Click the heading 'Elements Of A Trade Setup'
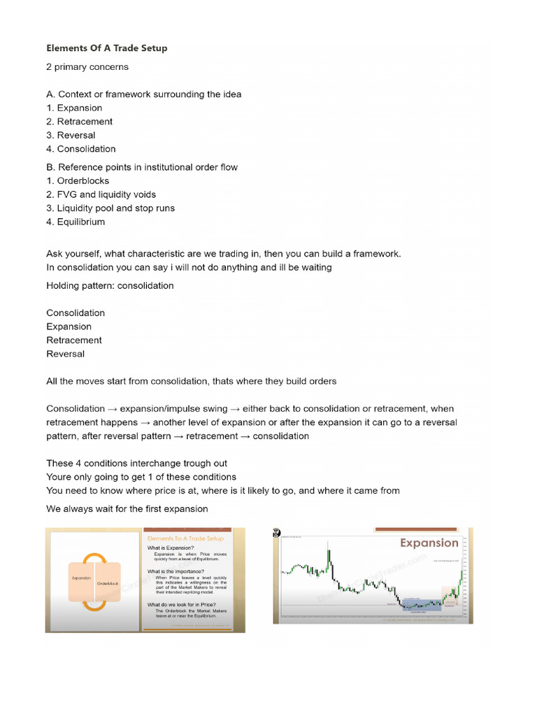pos(106,48)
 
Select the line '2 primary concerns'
pos(87,67)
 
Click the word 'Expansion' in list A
pos(79,108)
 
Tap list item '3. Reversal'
pos(71,135)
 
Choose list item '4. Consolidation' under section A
pos(81,149)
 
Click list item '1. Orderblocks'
pos(78,181)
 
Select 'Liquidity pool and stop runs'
pos(116,208)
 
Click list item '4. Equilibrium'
pos(76,222)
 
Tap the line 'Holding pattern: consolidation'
pos(110,285)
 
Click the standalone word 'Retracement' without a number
pos(74,341)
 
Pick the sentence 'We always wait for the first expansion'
pos(127,508)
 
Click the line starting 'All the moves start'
pos(191,381)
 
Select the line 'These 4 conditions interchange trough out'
pos(136,463)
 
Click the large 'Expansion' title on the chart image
pos(429,543)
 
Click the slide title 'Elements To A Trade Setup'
pos(185,538)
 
